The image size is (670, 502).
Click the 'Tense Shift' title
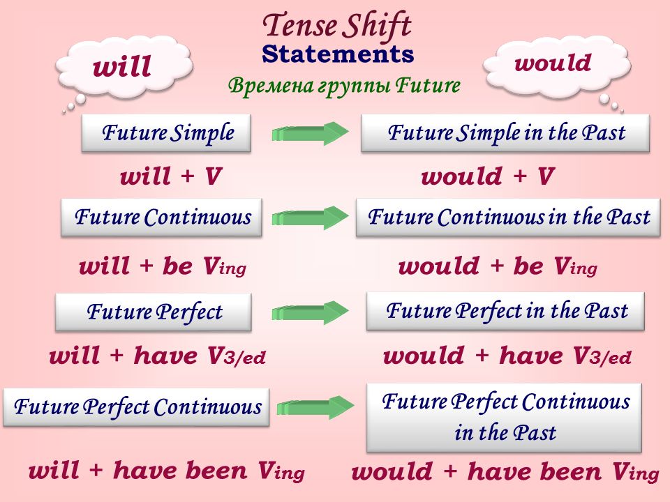[337, 26]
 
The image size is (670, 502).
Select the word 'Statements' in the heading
[338, 54]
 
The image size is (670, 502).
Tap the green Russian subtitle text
[344, 85]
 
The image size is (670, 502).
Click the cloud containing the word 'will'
[124, 67]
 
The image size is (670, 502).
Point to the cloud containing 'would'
[556, 63]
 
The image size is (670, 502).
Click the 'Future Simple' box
[166, 132]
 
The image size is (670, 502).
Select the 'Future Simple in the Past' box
[505, 132]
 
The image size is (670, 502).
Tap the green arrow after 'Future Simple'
[310, 133]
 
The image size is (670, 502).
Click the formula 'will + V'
[171, 176]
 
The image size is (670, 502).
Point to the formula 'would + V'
[488, 176]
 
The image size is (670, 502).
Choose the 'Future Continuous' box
[161, 217]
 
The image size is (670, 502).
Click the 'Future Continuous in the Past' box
[508, 217]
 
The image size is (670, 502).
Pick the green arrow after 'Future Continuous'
[310, 218]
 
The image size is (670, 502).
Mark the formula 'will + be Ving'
[163, 266]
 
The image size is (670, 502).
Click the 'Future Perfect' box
[154, 312]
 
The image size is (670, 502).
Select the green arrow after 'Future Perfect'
[310, 312]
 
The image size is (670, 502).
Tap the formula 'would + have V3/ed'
[507, 356]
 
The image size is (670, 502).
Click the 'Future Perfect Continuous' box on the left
[136, 406]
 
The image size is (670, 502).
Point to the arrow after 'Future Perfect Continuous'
[315, 407]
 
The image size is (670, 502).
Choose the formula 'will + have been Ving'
[167, 471]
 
